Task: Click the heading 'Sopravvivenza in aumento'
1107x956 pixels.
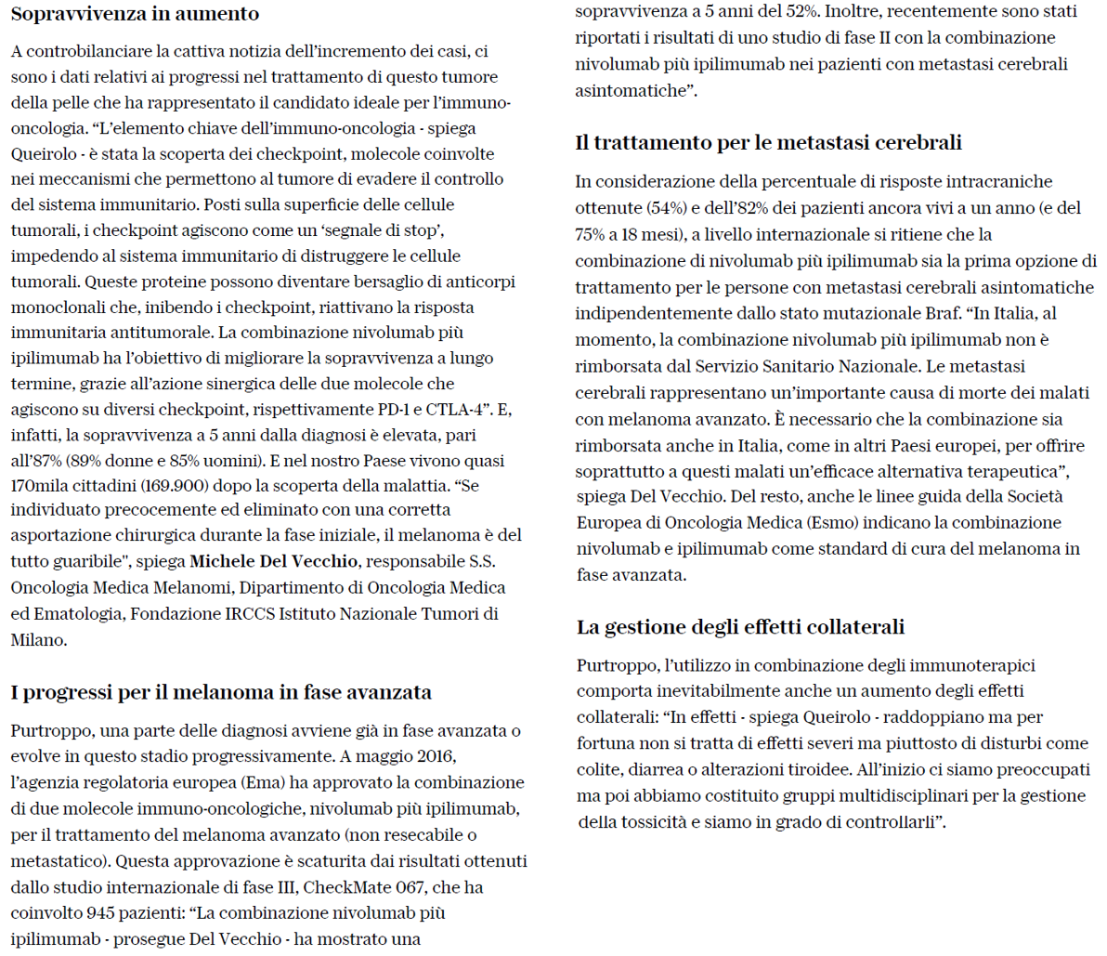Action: [135, 14]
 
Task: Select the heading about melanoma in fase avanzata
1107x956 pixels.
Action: [221, 692]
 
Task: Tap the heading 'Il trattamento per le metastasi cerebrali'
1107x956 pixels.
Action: [768, 142]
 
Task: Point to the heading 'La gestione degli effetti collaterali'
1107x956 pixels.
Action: [740, 627]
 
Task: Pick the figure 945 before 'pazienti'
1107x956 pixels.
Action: [100, 887]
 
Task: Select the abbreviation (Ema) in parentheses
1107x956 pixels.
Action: [261, 782]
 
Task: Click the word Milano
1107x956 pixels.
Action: [38, 640]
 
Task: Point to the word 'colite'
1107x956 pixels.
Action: [600, 770]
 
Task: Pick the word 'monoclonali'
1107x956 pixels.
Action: [54, 307]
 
